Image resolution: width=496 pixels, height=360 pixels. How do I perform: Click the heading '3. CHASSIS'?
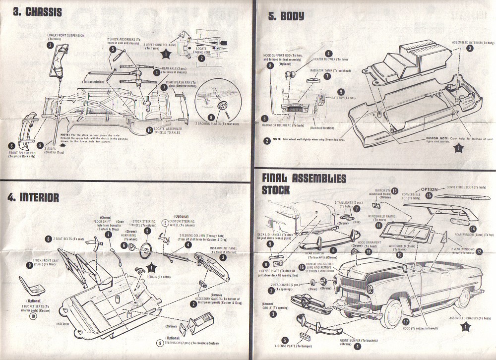click(37, 11)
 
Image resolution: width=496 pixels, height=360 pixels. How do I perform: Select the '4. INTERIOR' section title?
click(33, 197)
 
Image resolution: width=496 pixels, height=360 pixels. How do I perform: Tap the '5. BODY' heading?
click(286, 16)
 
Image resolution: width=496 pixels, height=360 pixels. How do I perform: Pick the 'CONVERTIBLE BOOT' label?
click(467, 187)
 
